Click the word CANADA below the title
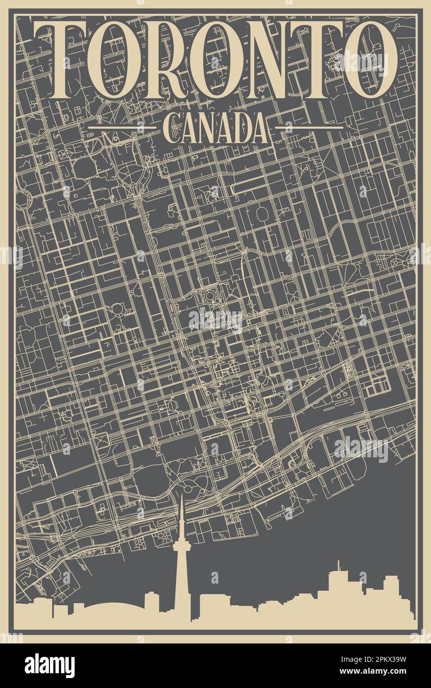[215, 128]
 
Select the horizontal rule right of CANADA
[309, 128]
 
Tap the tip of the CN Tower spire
[181, 496]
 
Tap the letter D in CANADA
[244, 128]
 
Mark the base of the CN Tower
[181, 619]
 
